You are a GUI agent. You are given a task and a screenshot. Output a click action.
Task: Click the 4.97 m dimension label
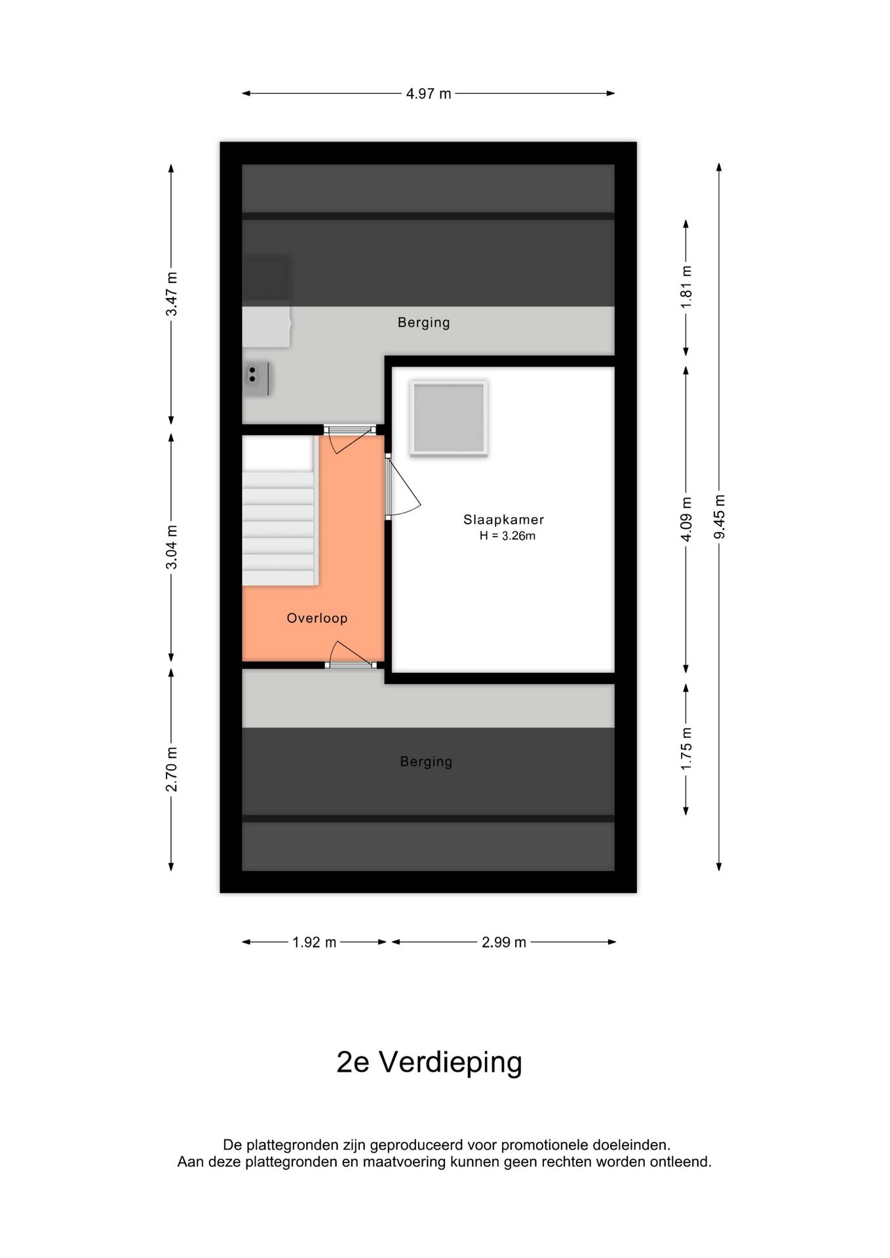click(x=428, y=94)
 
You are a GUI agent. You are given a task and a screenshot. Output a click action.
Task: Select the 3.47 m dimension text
click(x=171, y=294)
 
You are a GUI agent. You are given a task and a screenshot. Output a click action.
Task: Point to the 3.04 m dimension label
click(x=171, y=547)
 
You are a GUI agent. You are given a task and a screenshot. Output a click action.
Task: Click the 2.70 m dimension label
click(x=171, y=769)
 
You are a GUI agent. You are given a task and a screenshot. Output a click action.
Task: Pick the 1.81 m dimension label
click(x=686, y=287)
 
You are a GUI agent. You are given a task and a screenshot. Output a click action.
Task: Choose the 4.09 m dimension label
click(x=686, y=519)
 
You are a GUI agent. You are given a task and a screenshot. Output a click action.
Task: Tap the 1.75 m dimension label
click(x=686, y=749)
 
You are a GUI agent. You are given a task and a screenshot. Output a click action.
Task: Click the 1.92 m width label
click(x=314, y=942)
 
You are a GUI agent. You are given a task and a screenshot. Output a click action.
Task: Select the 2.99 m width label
click(x=503, y=942)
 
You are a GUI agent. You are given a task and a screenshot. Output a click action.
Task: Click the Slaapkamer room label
click(x=503, y=520)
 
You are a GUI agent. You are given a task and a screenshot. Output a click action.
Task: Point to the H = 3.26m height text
click(x=507, y=536)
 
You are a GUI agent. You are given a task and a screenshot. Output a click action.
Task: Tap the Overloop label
click(x=317, y=618)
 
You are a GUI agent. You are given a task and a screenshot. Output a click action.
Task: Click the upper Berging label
click(x=423, y=322)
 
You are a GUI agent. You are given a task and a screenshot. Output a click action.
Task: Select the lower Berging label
click(x=426, y=761)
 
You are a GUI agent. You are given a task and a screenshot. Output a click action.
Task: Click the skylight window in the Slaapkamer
click(x=449, y=418)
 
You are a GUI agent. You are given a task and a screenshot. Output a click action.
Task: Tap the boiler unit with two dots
click(x=256, y=379)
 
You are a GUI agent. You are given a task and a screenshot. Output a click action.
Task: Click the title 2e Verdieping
click(x=429, y=1062)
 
